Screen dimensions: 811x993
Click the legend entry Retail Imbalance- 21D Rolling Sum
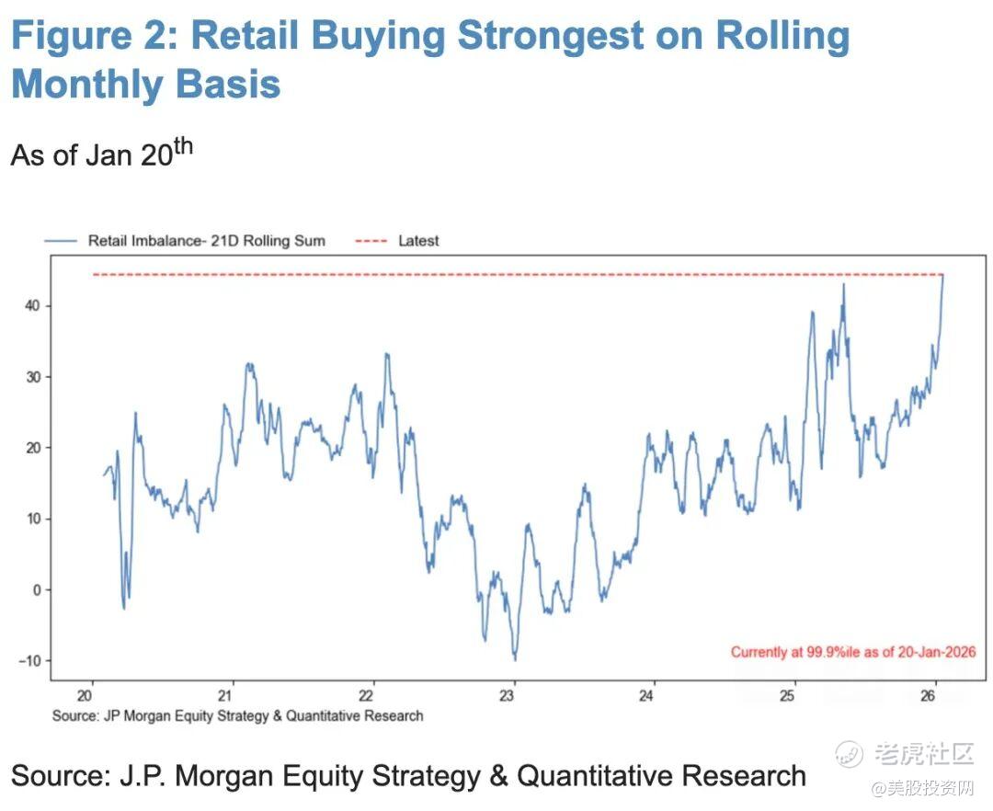[206, 241]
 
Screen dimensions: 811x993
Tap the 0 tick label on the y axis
[37, 590]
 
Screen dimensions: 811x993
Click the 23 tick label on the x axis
[514, 696]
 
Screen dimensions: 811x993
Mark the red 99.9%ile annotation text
[853, 652]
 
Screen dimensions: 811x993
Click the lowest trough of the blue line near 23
[515, 659]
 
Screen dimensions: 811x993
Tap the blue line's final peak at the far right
[942, 275]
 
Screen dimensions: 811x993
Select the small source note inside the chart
[238, 715]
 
